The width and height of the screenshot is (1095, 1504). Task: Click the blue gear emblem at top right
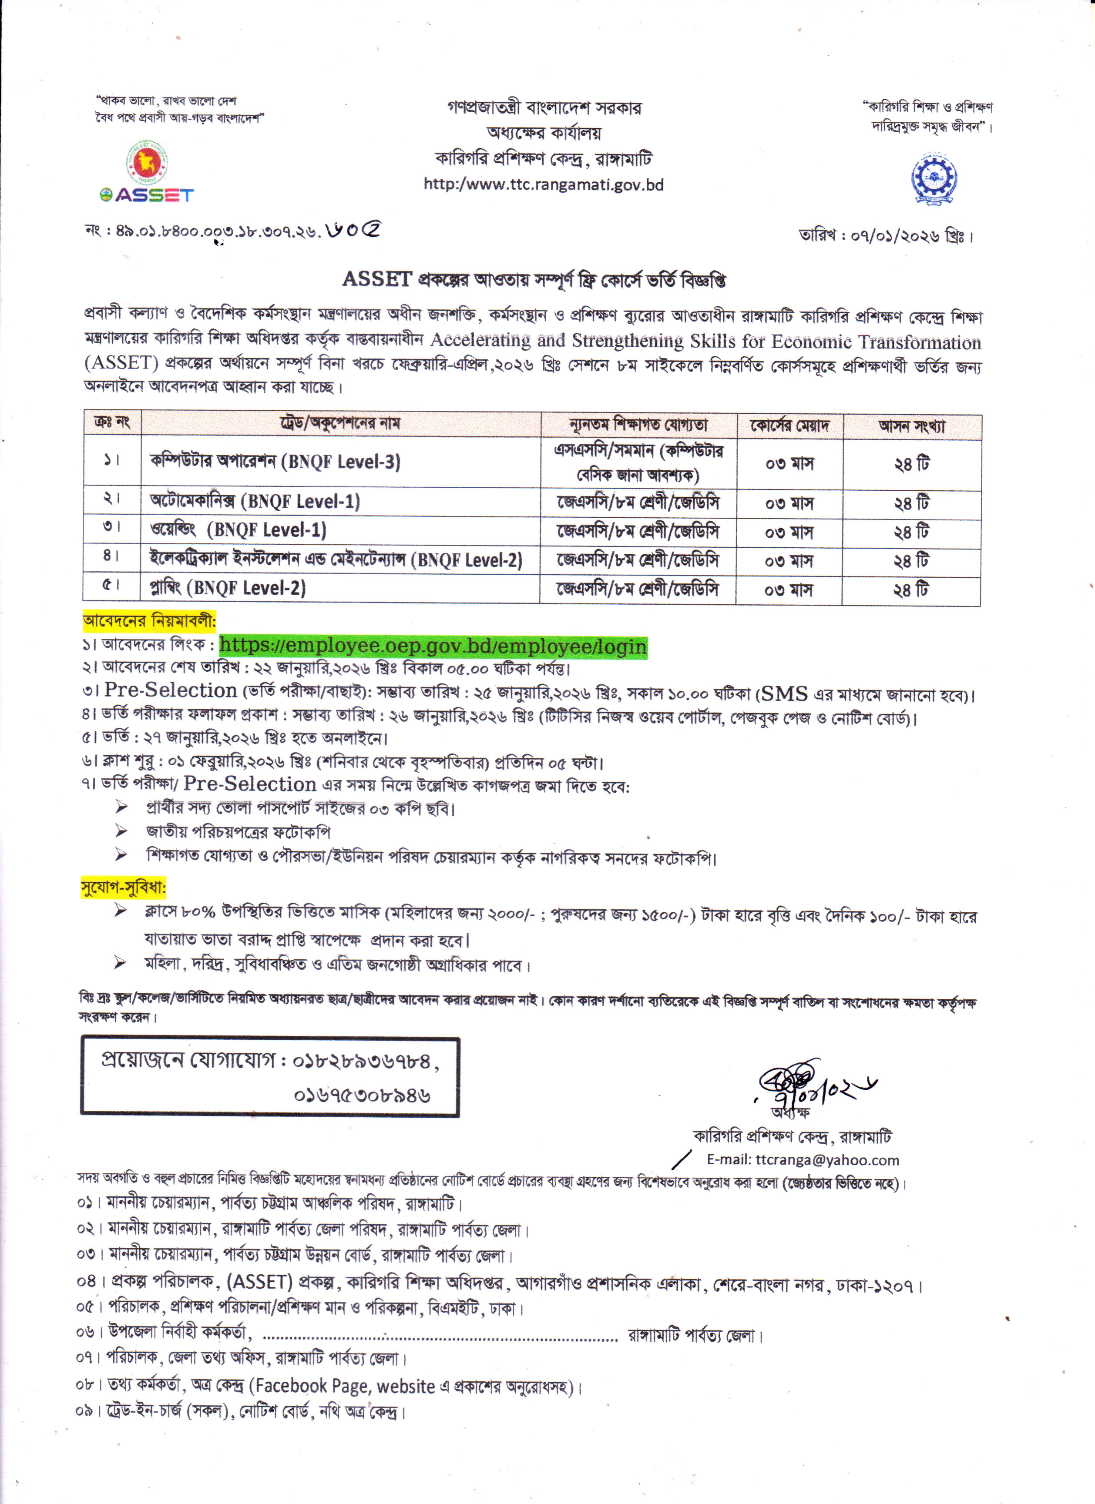934,177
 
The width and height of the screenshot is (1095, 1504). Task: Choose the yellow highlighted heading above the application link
149,621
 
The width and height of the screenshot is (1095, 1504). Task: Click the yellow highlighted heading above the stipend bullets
123,887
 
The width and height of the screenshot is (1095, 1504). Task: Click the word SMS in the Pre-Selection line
784,693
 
